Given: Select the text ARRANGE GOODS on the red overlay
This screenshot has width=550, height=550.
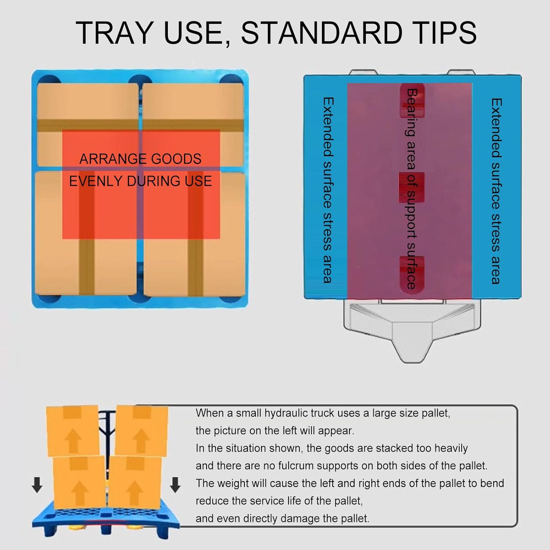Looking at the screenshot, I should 140,159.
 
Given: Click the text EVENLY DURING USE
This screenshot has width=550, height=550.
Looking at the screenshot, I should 140,181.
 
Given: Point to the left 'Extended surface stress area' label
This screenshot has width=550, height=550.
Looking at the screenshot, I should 327,190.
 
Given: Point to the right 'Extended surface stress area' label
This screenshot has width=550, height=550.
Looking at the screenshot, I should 496,191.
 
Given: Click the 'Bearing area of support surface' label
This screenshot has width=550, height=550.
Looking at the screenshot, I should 412,189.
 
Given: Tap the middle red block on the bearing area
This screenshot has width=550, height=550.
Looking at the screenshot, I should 411,187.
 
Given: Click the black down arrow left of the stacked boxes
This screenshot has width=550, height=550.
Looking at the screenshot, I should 37,485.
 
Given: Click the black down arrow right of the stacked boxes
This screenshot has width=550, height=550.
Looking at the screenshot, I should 175,485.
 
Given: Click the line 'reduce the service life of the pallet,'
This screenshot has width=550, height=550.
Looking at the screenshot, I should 279,501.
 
